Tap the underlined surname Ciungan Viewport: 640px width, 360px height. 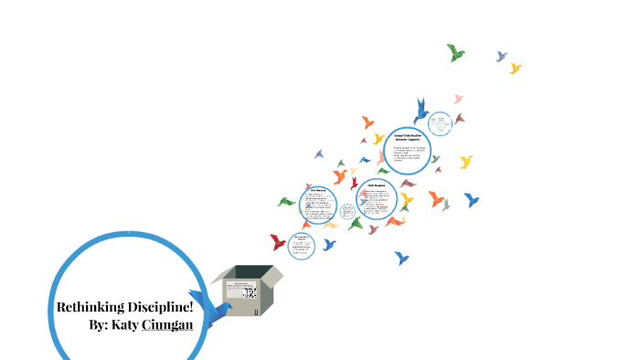pyautogui.click(x=167, y=325)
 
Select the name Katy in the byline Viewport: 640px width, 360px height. pyautogui.click(x=125, y=325)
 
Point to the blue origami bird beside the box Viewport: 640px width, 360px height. pyautogui.click(x=217, y=312)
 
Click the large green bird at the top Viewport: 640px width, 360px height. pyautogui.click(x=455, y=53)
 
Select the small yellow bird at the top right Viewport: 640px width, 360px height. pyautogui.click(x=516, y=69)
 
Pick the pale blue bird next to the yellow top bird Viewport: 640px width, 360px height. pyautogui.click(x=501, y=57)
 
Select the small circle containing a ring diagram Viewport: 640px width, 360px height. pyautogui.click(x=440, y=123)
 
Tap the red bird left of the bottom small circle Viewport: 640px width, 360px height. pyautogui.click(x=278, y=242)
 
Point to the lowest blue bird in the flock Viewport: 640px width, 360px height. pyautogui.click(x=401, y=259)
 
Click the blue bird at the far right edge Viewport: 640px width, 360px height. pyautogui.click(x=472, y=199)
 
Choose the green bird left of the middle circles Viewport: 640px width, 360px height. pyautogui.click(x=286, y=202)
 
